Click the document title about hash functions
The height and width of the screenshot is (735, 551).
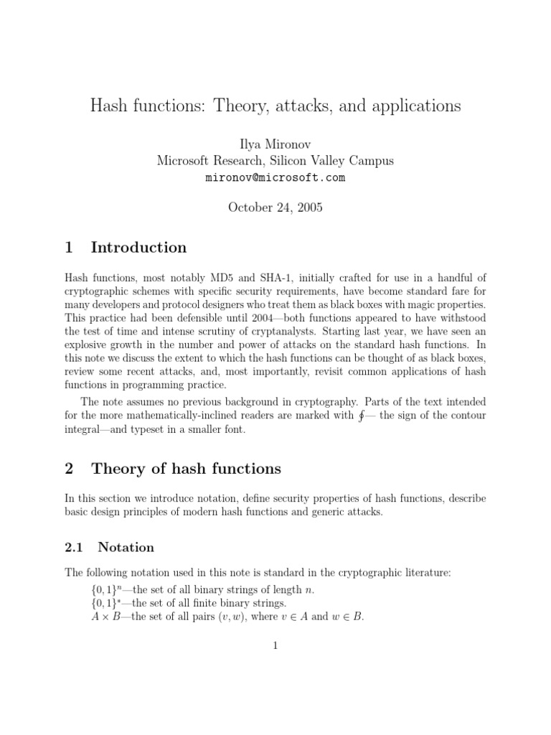(275, 106)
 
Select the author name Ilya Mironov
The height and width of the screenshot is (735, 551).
(275, 144)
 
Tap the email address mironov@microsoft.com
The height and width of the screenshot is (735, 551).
(275, 177)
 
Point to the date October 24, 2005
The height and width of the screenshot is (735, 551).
(275, 207)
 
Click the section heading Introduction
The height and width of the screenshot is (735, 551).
(138, 248)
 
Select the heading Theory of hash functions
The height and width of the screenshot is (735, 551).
(186, 469)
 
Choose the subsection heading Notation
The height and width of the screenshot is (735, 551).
(126, 547)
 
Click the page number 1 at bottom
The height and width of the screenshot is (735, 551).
(275, 645)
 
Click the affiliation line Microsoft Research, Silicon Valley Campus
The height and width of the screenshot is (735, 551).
(275, 161)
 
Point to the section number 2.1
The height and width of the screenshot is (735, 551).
(75, 547)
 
